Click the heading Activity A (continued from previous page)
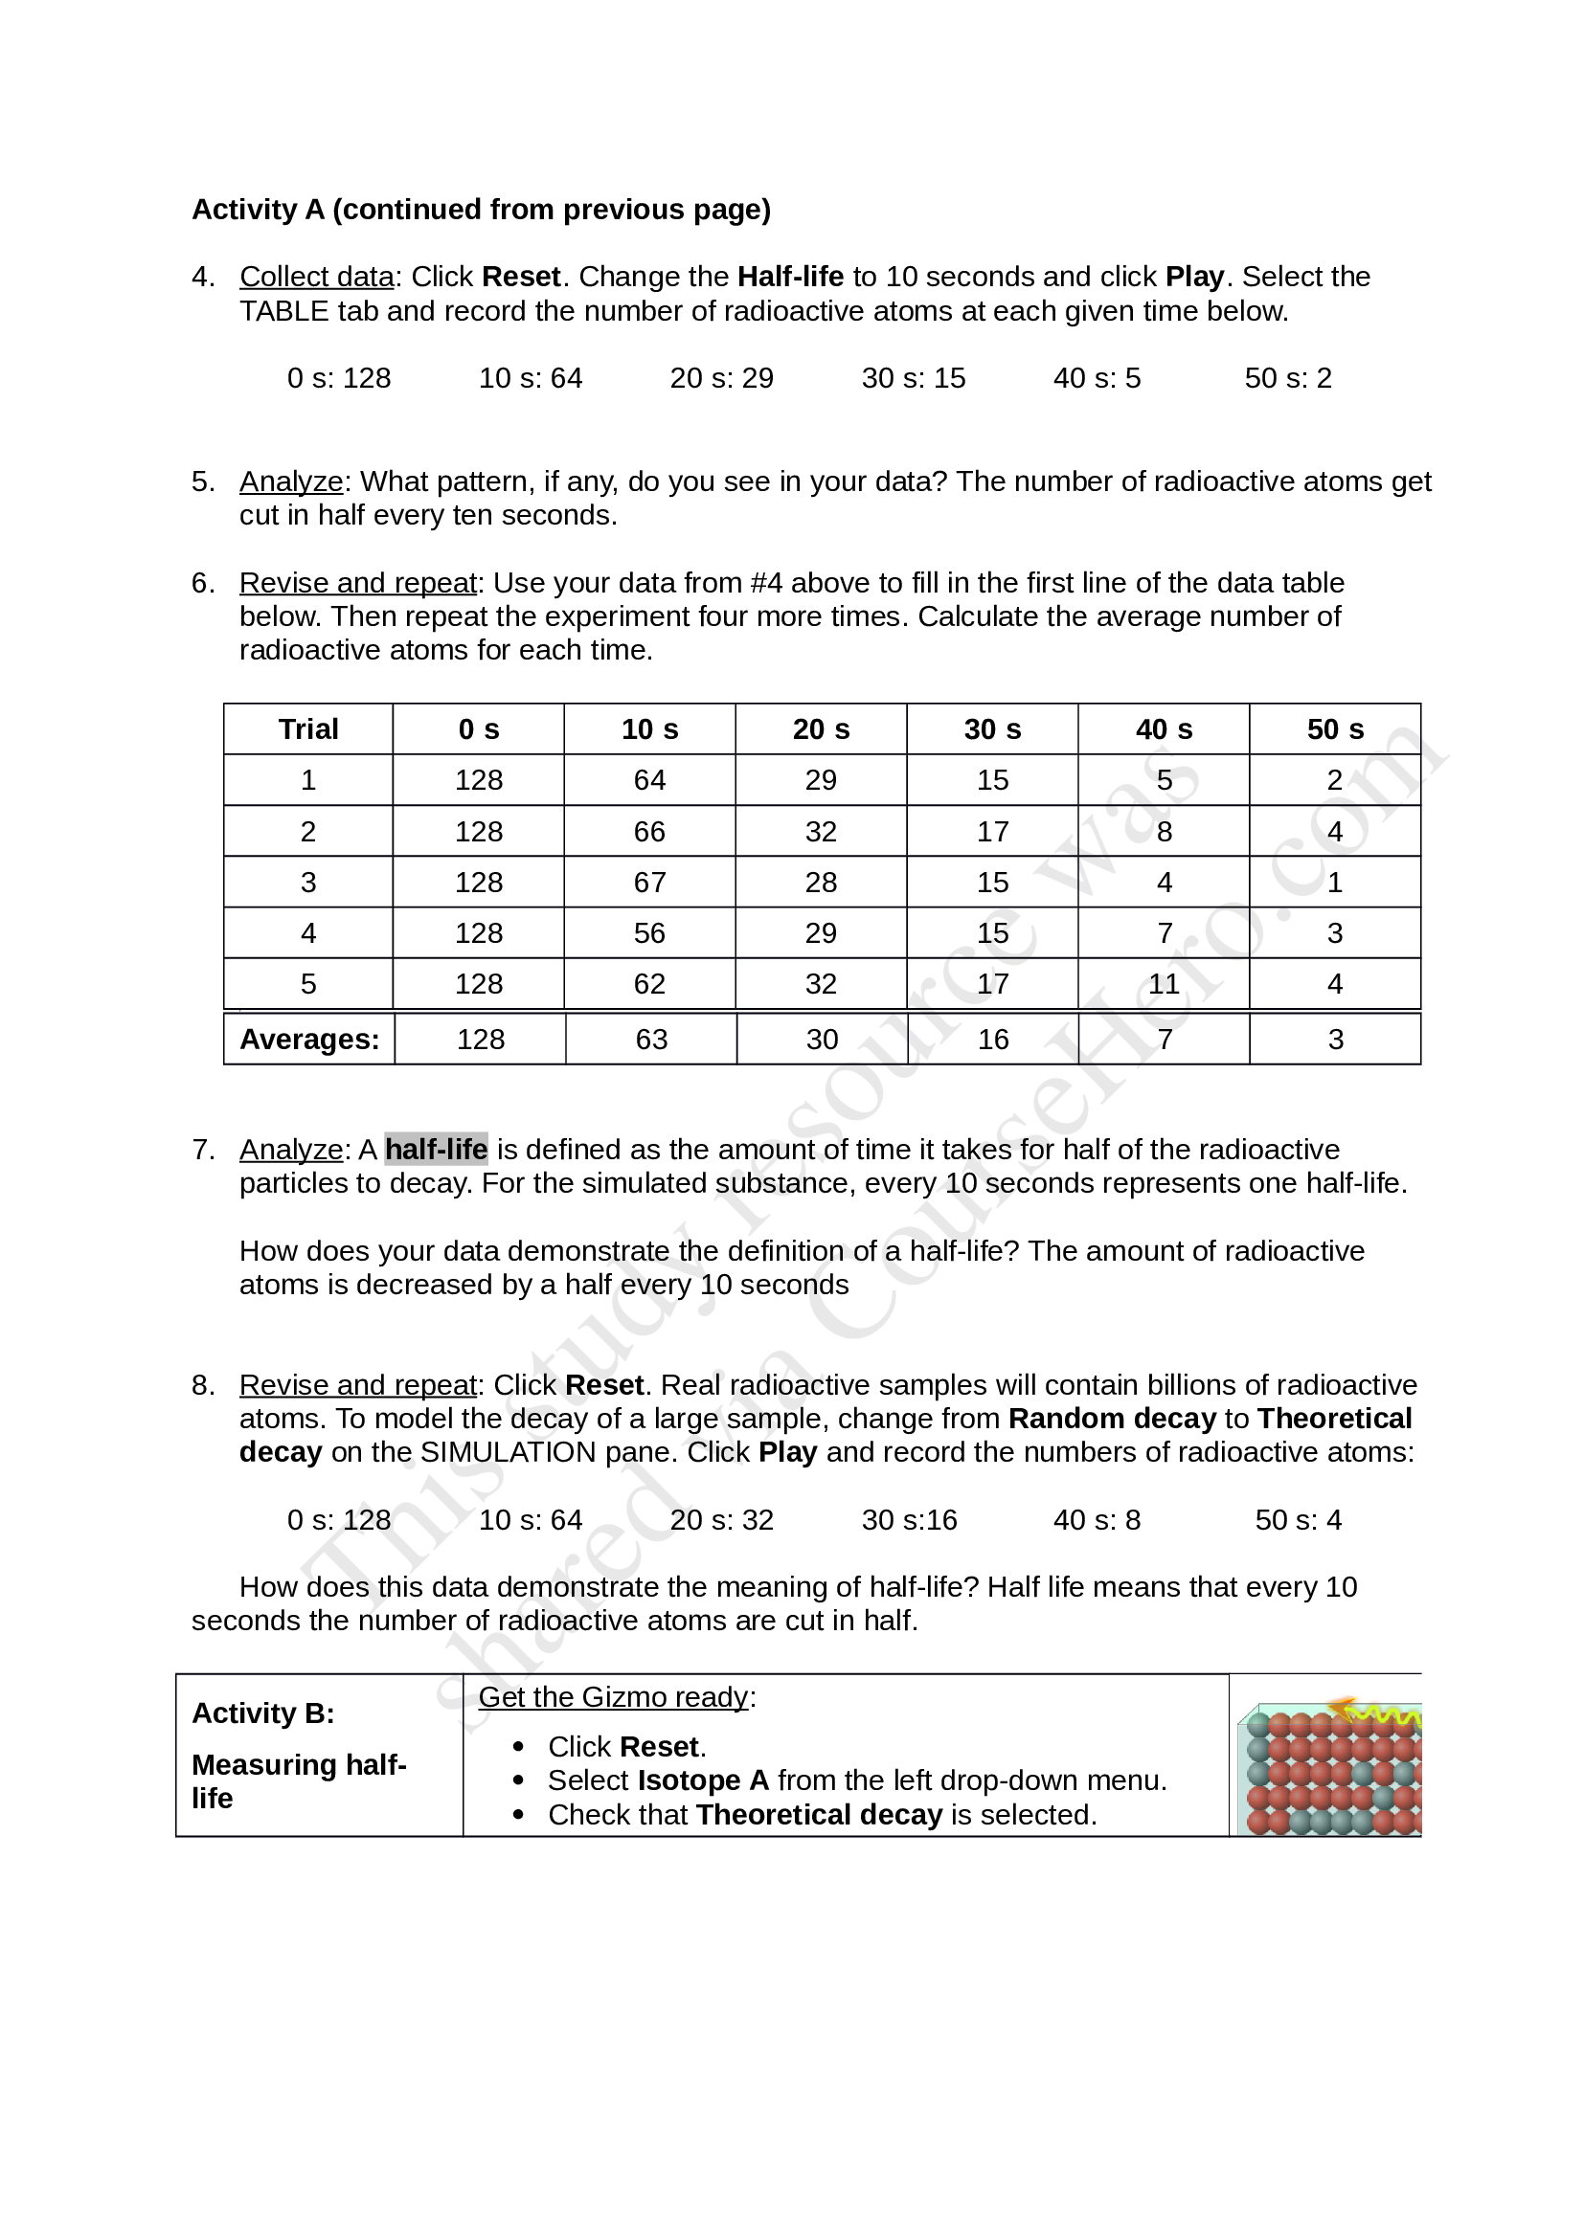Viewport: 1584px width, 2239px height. click(481, 210)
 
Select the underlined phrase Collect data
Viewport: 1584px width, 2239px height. click(316, 277)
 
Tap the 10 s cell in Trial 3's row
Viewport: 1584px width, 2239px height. click(648, 883)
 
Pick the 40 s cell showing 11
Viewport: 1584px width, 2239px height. click(1164, 984)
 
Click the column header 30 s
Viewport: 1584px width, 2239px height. click(992, 729)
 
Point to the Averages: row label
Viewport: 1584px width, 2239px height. click(309, 1040)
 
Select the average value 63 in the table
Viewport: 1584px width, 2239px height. click(650, 1040)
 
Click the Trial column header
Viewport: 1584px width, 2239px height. click(308, 729)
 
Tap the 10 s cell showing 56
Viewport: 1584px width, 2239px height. click(648, 933)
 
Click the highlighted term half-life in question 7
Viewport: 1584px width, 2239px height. click(436, 1150)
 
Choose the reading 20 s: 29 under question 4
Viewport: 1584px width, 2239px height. click(721, 378)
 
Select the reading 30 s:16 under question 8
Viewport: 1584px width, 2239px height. click(909, 1520)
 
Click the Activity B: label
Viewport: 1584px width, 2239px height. click(263, 1713)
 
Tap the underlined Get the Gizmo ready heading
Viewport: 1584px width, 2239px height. click(614, 1697)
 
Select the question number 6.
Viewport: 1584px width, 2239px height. click(202, 583)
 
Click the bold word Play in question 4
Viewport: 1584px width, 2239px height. click(1194, 277)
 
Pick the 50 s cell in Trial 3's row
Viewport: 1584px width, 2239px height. click(1334, 883)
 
